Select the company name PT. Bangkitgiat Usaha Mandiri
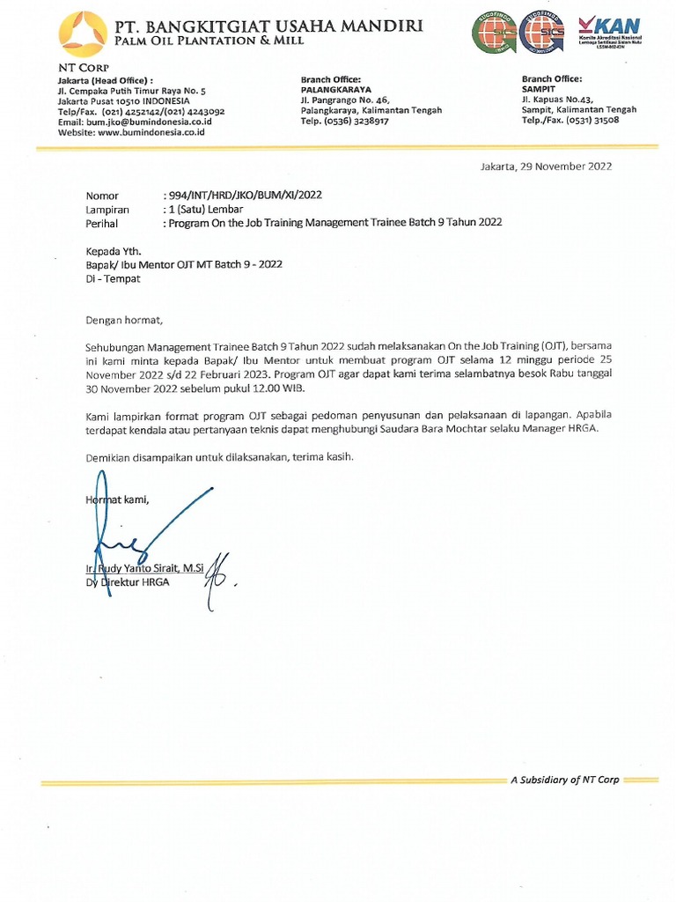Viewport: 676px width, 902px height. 268,26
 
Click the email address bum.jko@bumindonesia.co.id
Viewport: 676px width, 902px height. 135,122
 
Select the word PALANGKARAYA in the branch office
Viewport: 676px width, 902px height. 335,90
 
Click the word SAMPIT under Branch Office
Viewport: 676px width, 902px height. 540,90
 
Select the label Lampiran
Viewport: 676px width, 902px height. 107,210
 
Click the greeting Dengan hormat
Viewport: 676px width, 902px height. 124,320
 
